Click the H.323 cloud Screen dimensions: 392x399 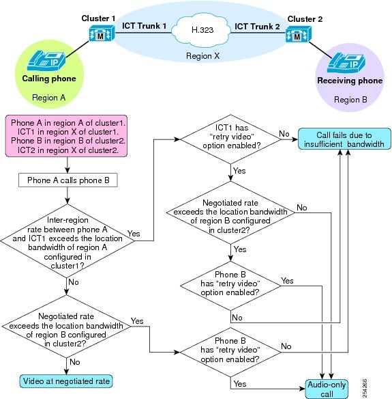[202, 30]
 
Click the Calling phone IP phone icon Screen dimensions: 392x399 [46, 61]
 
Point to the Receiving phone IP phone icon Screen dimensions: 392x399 [346, 63]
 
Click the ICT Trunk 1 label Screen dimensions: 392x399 [145, 26]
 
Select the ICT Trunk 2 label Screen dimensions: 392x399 [257, 27]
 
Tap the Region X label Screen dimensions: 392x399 [202, 56]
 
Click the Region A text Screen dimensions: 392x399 [49, 98]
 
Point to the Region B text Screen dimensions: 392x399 [350, 100]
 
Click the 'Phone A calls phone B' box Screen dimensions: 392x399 [68, 180]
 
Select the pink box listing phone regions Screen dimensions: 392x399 [66, 136]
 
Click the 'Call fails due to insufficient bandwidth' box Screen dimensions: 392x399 [344, 139]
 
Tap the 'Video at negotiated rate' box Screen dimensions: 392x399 [66, 381]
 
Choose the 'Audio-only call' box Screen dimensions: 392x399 [327, 389]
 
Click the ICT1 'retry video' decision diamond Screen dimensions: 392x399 [231, 139]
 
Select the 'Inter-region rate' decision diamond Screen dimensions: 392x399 [67, 240]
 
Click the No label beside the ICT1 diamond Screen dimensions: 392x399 [284, 134]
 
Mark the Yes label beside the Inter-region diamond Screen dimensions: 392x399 [134, 234]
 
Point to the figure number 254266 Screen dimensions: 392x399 [364, 388]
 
